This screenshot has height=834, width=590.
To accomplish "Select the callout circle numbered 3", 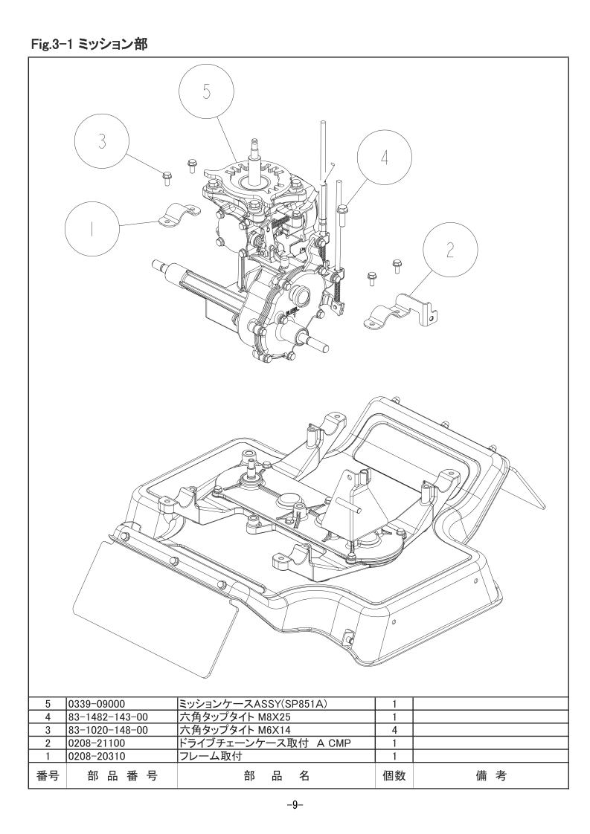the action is pyautogui.click(x=102, y=141).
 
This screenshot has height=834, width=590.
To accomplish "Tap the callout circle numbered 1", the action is pyautogui.click(x=92, y=229).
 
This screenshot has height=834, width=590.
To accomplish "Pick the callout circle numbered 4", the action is pyautogui.click(x=385, y=158).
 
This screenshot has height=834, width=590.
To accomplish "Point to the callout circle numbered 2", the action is pyautogui.click(x=450, y=250).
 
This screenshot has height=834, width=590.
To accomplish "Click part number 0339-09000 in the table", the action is pyautogui.click(x=97, y=704).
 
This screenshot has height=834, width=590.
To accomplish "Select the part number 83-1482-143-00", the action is pyautogui.click(x=108, y=717).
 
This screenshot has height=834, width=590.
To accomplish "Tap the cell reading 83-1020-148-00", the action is pyautogui.click(x=108, y=730).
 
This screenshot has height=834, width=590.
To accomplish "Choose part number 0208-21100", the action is pyautogui.click(x=97, y=743).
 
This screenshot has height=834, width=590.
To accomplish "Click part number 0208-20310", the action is pyautogui.click(x=97, y=755).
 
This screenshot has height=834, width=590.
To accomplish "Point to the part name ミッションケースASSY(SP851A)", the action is pyautogui.click(x=253, y=704).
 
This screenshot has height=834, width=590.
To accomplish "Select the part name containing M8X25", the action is pyautogui.click(x=235, y=717).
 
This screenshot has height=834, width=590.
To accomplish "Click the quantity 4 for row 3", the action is pyautogui.click(x=394, y=730).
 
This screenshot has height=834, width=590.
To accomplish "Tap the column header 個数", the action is pyautogui.click(x=394, y=775).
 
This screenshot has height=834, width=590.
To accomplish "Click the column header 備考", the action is pyautogui.click(x=490, y=775).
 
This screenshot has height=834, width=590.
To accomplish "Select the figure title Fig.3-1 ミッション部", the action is pyautogui.click(x=89, y=45).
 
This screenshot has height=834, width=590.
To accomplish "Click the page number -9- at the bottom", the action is pyautogui.click(x=295, y=805).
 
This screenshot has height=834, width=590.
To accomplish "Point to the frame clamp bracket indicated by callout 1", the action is pyautogui.click(x=179, y=216).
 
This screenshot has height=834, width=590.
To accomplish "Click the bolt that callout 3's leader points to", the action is pyautogui.click(x=166, y=178).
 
